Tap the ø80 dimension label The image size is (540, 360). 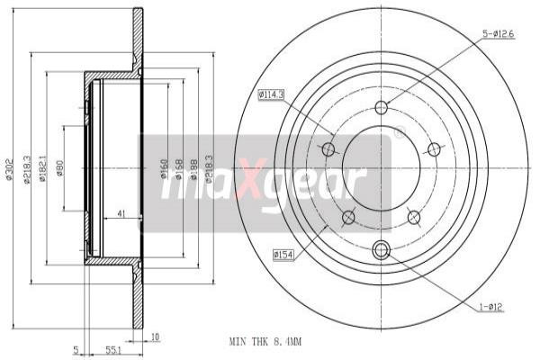pos(59,168)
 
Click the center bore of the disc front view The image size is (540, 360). pos(381,167)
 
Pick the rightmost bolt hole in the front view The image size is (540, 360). pos(434,148)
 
